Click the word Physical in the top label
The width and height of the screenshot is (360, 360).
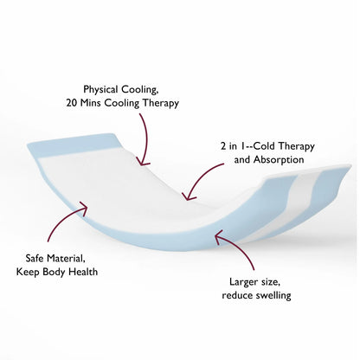[100, 89]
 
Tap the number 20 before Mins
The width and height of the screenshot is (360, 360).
[72, 103]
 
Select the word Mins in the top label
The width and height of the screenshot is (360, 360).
[91, 103]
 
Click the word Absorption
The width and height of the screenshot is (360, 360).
[279, 159]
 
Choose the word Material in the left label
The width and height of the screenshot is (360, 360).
[67, 259]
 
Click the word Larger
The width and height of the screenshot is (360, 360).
[244, 282]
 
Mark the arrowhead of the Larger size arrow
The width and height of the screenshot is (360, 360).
[217, 235]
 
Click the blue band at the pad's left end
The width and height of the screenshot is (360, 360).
[74, 145]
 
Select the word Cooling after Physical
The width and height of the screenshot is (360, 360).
[140, 90]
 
